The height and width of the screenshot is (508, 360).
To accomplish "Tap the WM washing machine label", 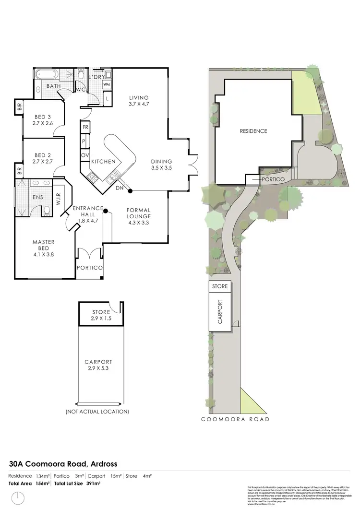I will click(x=107, y=85).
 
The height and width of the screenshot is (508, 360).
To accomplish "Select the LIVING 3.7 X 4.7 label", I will click(x=139, y=101).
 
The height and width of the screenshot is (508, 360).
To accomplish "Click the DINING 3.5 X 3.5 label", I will click(x=161, y=165).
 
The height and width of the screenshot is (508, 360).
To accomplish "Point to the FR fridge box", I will click(x=85, y=127).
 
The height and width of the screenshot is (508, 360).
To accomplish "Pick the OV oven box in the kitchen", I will click(x=85, y=155).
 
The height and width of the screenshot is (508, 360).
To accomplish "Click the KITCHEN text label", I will click(x=103, y=162).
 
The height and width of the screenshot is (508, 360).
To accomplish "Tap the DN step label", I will click(x=120, y=188).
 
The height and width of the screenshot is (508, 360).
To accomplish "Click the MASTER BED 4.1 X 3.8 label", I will click(x=43, y=248).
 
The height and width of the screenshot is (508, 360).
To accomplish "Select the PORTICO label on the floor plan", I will click(x=89, y=268).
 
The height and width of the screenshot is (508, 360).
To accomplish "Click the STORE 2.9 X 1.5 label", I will click(x=101, y=315).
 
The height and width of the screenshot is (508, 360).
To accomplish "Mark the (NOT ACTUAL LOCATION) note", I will click(x=97, y=412).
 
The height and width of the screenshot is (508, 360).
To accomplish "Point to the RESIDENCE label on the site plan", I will click(x=253, y=131).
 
